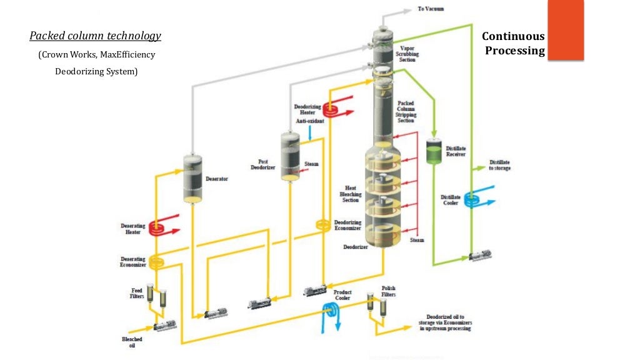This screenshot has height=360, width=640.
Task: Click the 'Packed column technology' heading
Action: coord(95,36)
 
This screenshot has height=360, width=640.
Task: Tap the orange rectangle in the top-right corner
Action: coord(565,29)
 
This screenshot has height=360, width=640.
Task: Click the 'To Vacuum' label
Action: coord(431,9)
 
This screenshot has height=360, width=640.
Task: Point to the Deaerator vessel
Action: coord(192,178)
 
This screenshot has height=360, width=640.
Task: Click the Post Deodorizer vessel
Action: coord(289,156)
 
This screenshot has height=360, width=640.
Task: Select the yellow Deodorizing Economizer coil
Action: coord(322,225)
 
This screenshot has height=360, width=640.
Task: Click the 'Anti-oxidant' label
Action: coord(310,121)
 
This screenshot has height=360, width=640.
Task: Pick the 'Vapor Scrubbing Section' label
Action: coord(407,54)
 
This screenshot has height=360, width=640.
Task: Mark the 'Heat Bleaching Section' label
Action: coord(349,194)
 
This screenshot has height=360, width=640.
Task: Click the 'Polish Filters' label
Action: coord(389,292)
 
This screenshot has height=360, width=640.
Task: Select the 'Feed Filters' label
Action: coord(137,293)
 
